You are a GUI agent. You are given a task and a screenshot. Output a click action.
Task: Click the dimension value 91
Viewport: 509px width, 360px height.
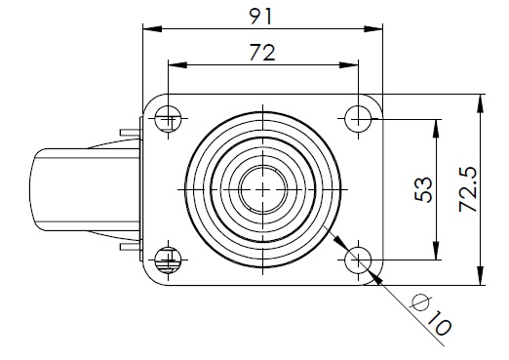[x=260, y=17]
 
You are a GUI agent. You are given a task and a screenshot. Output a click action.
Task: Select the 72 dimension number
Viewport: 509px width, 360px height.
[x=262, y=53]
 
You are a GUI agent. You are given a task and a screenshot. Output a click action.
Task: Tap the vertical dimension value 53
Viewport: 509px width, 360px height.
[x=424, y=189]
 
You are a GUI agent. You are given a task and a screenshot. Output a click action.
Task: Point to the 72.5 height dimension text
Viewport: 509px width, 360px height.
[x=468, y=189]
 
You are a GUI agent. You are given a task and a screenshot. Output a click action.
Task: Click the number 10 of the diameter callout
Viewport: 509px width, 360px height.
[x=439, y=323]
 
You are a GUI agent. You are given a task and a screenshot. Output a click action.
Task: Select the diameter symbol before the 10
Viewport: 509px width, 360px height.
[x=420, y=302]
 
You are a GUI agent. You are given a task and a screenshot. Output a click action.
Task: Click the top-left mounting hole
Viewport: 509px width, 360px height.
[x=168, y=118]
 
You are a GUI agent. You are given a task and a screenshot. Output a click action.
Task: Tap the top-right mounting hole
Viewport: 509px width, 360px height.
[x=358, y=118]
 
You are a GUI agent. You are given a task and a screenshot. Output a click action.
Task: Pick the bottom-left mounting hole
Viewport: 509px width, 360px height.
[x=168, y=260]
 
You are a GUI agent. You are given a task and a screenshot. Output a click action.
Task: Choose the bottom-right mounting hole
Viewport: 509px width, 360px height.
[x=358, y=260]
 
